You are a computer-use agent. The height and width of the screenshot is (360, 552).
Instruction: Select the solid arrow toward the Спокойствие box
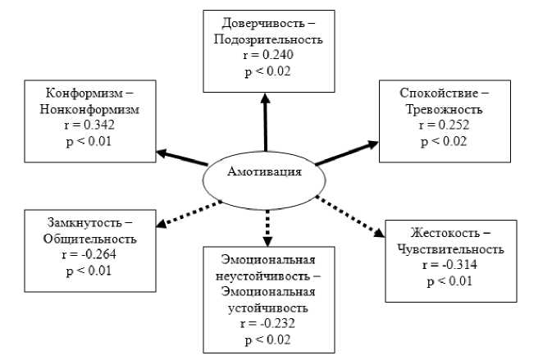(x=347, y=153)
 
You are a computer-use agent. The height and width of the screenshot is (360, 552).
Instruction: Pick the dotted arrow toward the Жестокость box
(x=350, y=216)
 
